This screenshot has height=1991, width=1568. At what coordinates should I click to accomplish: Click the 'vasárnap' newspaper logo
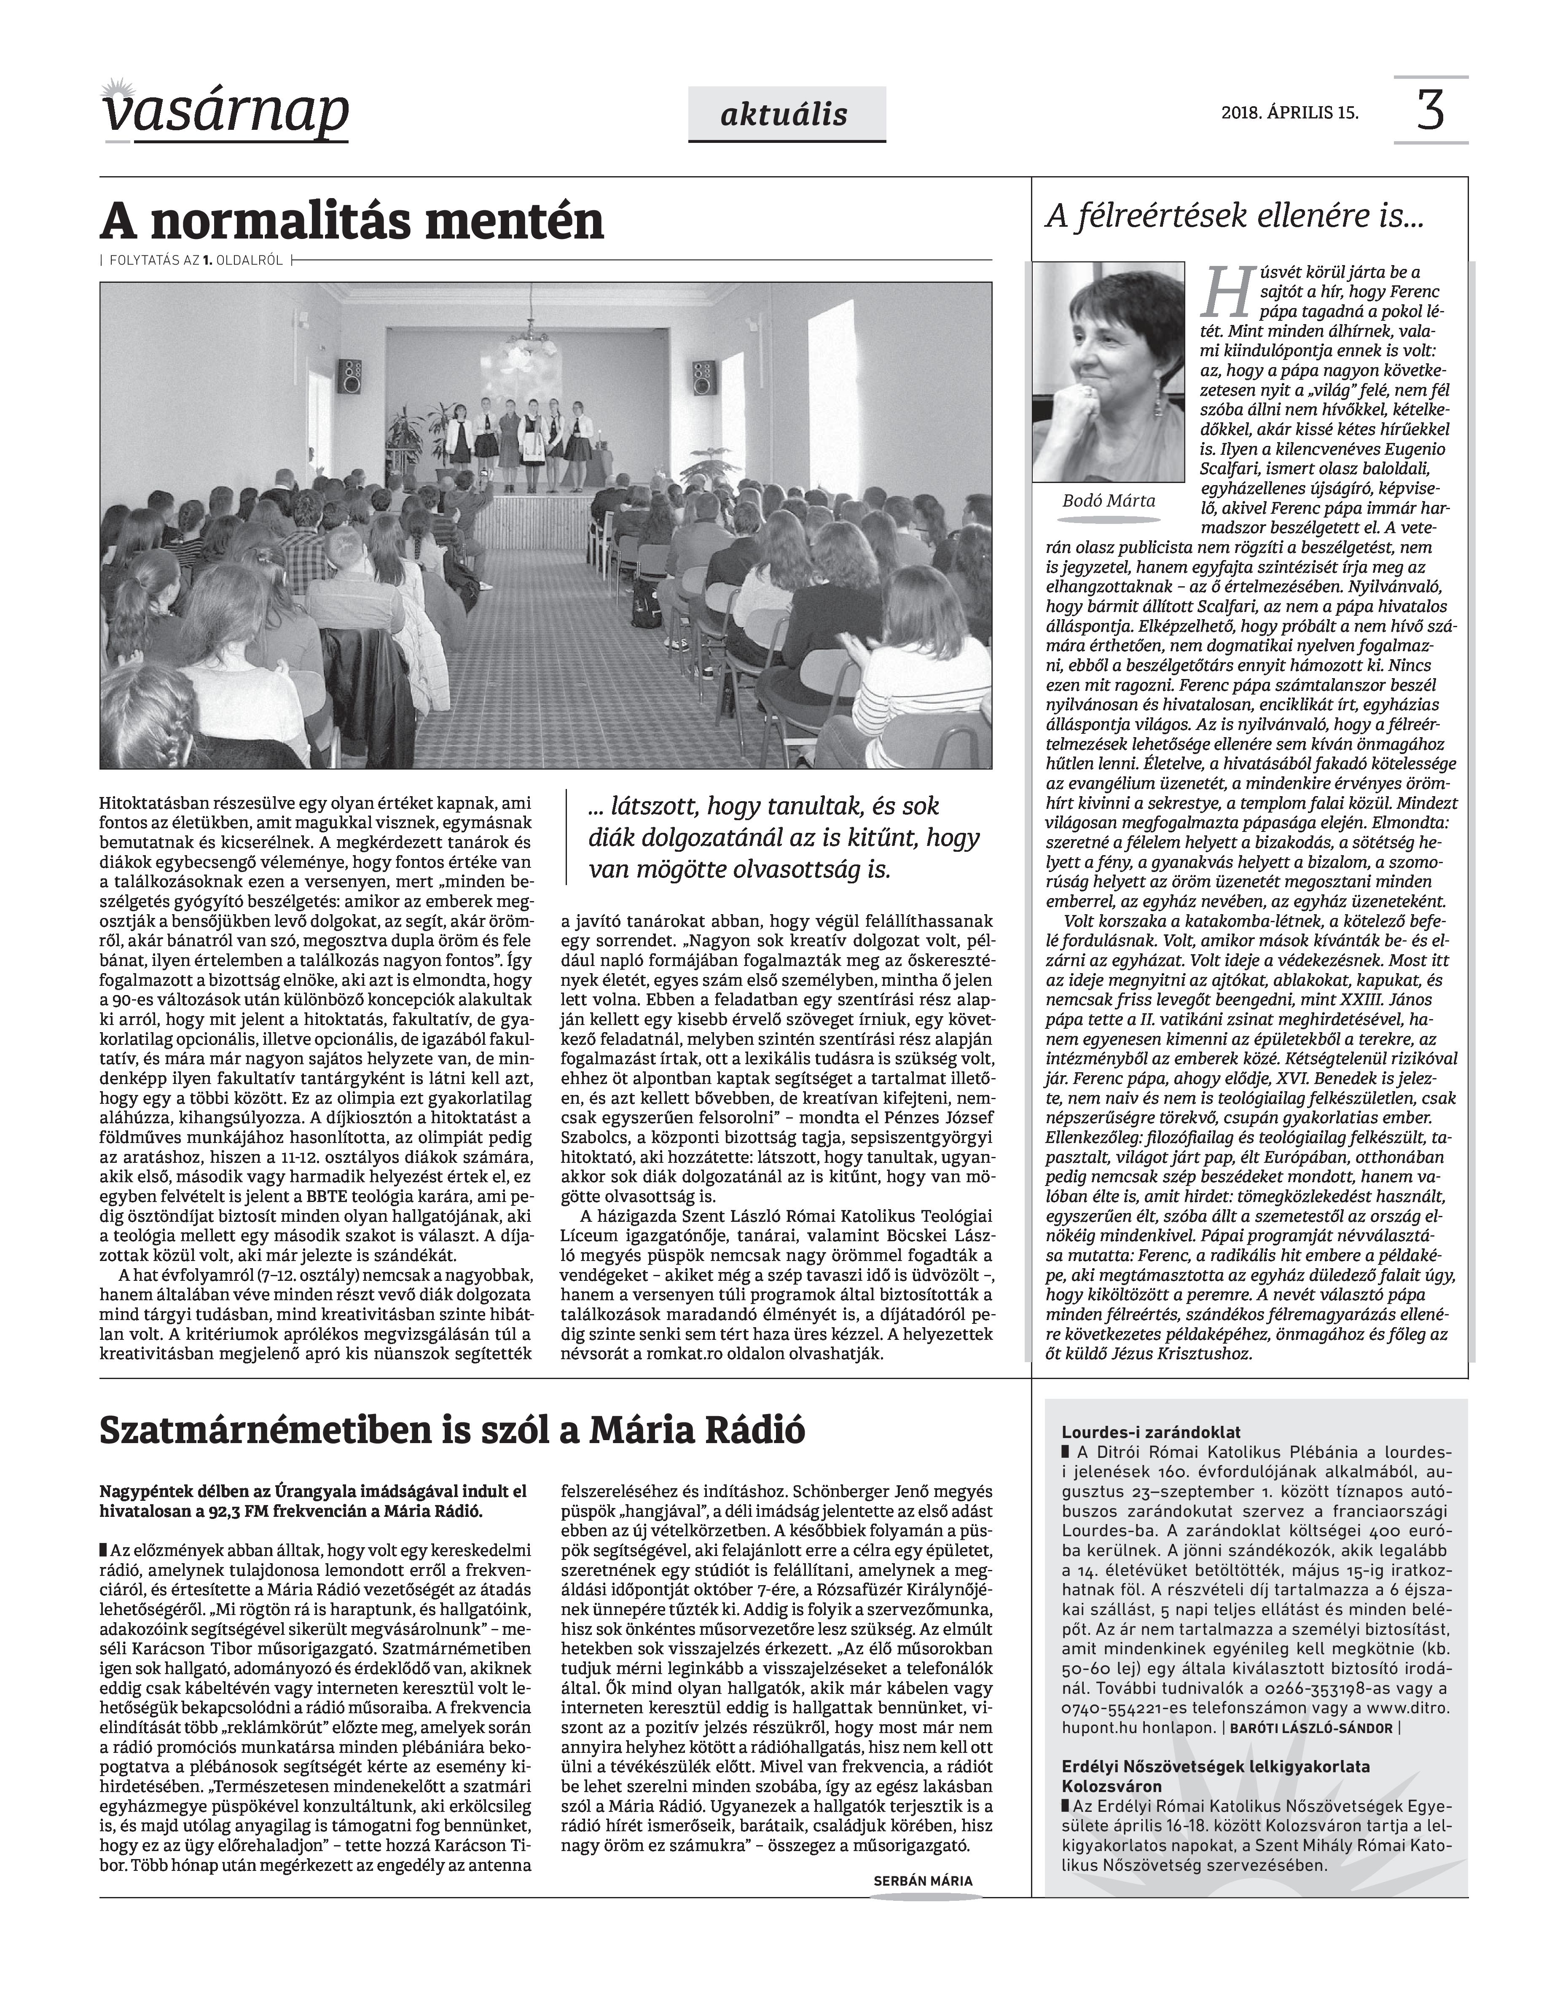[226, 114]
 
